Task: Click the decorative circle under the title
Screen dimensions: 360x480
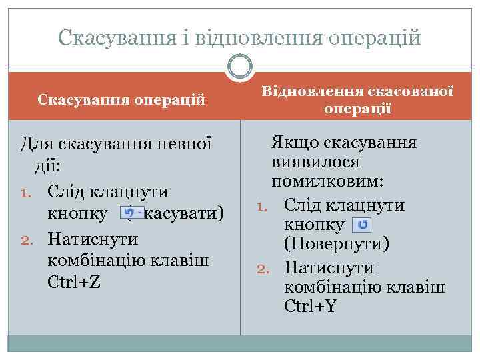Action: tap(240, 67)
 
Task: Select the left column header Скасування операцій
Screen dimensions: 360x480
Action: tap(121, 99)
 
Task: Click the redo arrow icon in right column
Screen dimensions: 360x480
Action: tap(362, 225)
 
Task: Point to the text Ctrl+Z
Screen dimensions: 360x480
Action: tap(75, 282)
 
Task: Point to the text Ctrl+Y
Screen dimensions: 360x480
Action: tap(311, 307)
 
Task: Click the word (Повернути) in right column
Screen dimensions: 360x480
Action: tap(337, 245)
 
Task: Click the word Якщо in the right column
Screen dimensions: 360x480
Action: tap(290, 142)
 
